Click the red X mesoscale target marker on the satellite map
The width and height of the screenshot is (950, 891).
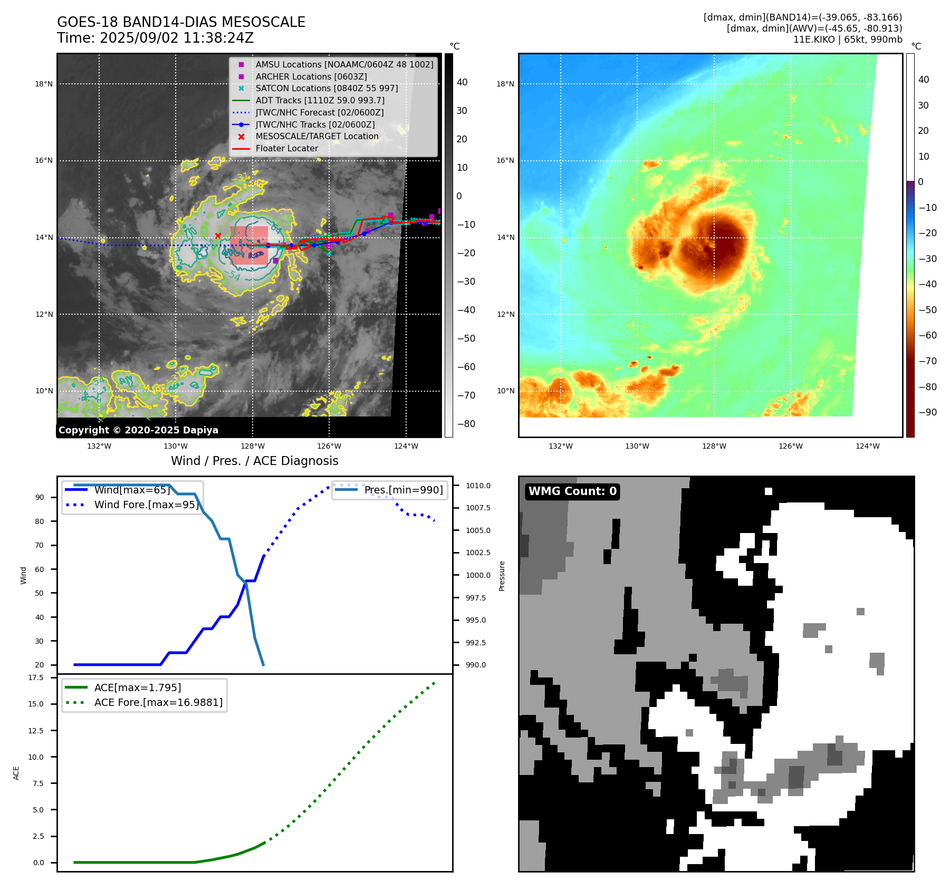218,236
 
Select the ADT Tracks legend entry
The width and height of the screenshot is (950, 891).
320,100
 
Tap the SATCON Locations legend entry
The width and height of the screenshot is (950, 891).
327,88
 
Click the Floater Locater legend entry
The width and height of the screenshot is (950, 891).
286,148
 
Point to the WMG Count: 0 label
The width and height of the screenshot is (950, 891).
572,491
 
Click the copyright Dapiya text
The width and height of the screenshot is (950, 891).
138,430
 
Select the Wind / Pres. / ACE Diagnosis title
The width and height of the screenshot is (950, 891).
255,461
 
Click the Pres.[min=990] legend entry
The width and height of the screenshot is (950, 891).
404,490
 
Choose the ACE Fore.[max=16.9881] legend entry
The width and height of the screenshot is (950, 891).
158,702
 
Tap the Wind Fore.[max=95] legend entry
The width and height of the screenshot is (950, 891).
146,505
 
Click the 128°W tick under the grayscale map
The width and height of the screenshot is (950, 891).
253,446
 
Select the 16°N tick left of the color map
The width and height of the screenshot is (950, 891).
505,161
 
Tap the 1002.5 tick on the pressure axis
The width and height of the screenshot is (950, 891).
478,553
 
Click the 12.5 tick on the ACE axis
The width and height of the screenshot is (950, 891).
36,730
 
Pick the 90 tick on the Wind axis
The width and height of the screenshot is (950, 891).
40,497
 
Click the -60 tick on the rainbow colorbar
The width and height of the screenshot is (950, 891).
927,335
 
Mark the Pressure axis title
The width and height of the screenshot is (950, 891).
502,576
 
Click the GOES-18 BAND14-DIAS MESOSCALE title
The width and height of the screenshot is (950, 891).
181,22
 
